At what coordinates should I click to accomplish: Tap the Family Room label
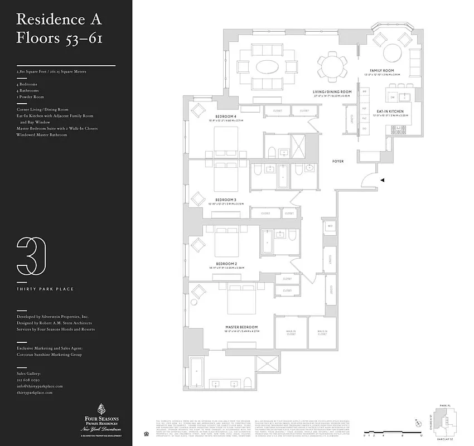[x=390, y=71]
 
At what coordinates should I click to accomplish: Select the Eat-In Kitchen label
[x=390, y=111]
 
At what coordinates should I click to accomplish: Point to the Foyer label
[x=338, y=161]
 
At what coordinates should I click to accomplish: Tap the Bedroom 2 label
[x=227, y=263]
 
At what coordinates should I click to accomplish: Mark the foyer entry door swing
[x=367, y=180]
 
